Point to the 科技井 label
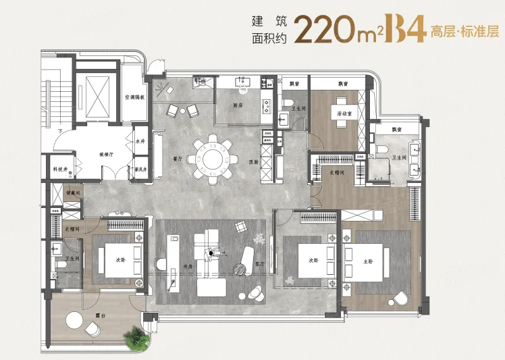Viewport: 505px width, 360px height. (57, 169)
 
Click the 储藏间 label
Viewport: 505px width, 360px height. (74, 192)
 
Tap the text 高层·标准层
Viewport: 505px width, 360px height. (465, 31)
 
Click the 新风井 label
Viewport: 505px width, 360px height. (141, 169)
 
